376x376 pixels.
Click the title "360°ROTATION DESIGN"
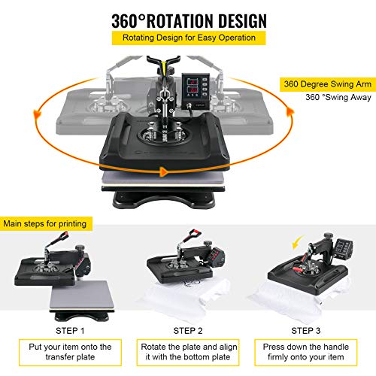coord(187,18)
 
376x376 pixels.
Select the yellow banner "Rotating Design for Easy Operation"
coord(188,38)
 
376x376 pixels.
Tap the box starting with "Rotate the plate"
coord(188,352)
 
